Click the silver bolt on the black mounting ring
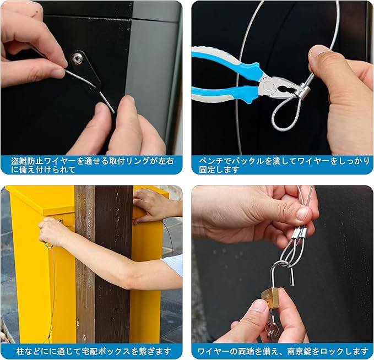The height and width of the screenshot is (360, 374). [x=78, y=58]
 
